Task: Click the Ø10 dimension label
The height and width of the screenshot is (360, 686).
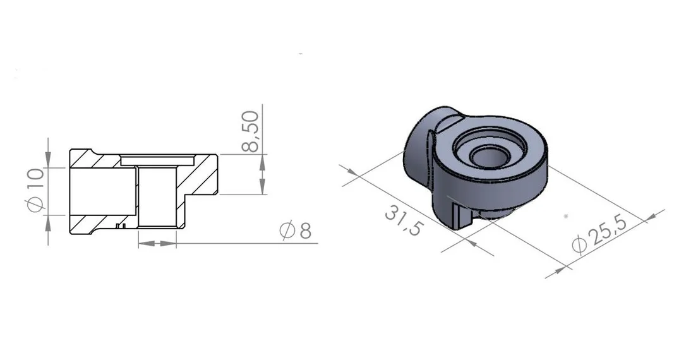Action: pos(36,190)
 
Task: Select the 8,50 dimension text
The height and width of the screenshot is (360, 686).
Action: pos(250,131)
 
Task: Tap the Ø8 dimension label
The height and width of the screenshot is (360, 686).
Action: pos(296,231)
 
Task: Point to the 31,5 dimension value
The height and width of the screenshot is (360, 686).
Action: pos(404,221)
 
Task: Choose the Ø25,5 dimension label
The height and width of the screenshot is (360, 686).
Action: pos(600,234)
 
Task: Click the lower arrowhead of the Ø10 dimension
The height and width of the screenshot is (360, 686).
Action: pos(47,222)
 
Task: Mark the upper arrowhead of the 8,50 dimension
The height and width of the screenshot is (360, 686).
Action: pos(262,162)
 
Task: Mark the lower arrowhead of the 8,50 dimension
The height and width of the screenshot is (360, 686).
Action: pos(262,186)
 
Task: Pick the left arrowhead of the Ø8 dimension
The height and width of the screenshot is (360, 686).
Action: pos(146,243)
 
